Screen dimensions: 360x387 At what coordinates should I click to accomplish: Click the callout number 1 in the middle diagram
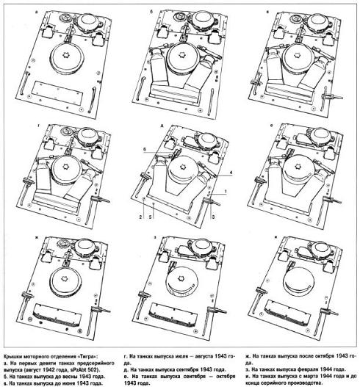[226, 191]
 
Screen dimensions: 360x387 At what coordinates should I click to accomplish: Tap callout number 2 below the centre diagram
[140, 217]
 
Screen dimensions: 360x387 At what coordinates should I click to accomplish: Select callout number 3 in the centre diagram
[213, 217]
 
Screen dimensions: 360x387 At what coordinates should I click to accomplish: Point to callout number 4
[231, 173]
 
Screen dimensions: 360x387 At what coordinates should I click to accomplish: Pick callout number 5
[150, 217]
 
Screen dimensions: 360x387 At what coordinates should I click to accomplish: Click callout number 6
[145, 150]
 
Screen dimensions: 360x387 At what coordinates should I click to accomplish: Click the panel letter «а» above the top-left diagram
[37, 11]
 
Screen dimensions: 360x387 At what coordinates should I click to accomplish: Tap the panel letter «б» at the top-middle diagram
[151, 11]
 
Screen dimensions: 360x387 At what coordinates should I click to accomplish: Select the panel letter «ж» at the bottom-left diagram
[36, 237]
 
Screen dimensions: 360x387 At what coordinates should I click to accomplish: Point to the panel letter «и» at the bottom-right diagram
[276, 237]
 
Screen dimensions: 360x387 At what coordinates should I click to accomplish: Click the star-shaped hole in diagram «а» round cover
[65, 55]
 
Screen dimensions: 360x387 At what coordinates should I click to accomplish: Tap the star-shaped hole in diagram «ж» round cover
[64, 279]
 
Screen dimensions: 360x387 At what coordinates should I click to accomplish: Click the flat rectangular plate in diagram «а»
[58, 91]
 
